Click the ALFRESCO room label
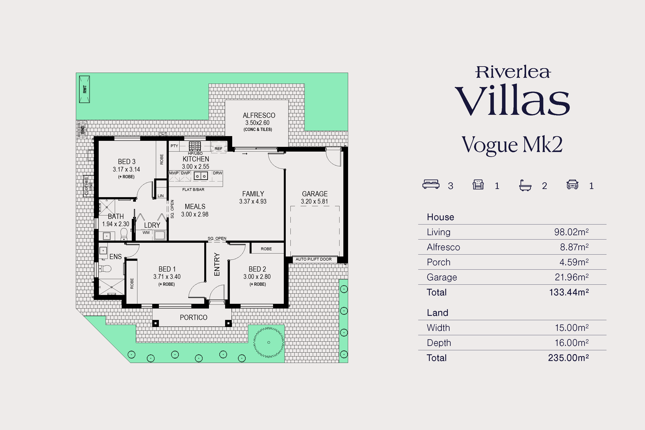(259, 115)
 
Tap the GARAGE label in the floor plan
(315, 194)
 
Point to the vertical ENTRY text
(217, 264)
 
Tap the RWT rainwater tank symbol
(84, 89)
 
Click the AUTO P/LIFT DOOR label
(313, 259)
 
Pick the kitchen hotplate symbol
(195, 146)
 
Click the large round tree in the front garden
(269, 342)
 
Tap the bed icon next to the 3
(431, 184)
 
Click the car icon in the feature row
(572, 184)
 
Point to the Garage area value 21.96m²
(571, 277)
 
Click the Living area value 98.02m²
(571, 232)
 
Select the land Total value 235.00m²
(568, 358)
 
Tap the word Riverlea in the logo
(513, 72)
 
